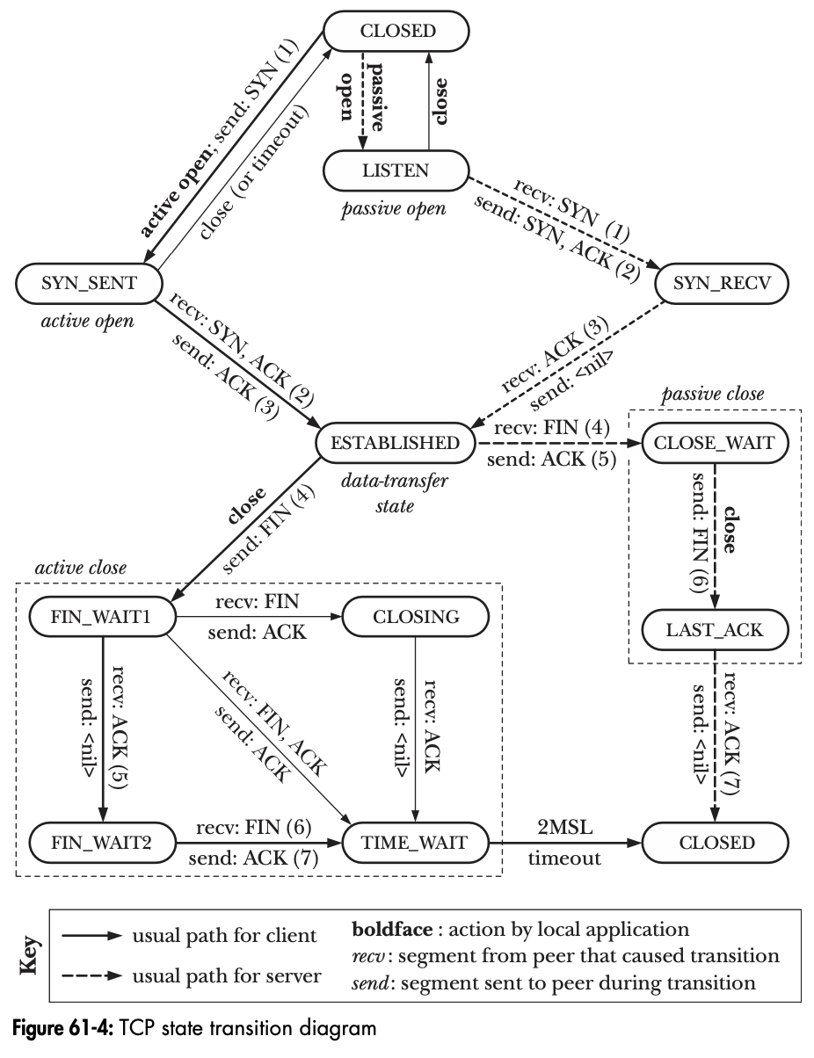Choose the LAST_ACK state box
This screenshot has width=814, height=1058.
(716, 628)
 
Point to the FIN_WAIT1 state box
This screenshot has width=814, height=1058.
(104, 617)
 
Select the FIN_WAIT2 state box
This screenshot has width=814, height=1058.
(104, 843)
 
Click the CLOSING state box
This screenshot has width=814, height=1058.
(415, 617)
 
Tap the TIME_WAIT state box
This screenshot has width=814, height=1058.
(415, 843)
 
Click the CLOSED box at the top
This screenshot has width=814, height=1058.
(398, 31)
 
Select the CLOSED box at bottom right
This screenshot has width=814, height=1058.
(716, 843)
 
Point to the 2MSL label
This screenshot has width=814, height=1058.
(564, 829)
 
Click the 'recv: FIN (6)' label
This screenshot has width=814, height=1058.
(253, 828)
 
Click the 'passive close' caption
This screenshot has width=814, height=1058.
(713, 395)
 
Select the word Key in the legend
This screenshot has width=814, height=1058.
(29, 956)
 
